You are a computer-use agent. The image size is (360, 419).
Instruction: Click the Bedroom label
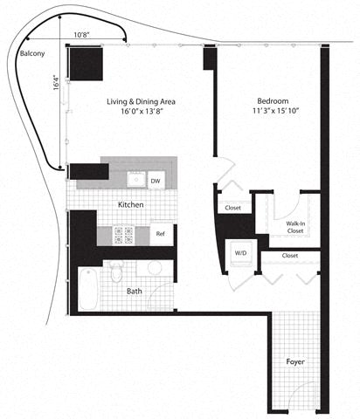click(x=275, y=100)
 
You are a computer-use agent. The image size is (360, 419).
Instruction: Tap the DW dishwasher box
click(x=156, y=181)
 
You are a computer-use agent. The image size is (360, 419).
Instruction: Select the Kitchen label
click(x=131, y=204)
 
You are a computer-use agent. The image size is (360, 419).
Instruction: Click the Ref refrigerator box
click(x=161, y=234)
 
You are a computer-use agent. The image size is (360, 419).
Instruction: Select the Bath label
click(x=134, y=292)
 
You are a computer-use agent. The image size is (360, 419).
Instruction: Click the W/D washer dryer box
click(x=239, y=252)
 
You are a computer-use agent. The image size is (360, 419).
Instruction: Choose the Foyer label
click(x=297, y=360)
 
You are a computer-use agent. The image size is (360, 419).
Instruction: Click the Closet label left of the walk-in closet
click(x=232, y=208)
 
